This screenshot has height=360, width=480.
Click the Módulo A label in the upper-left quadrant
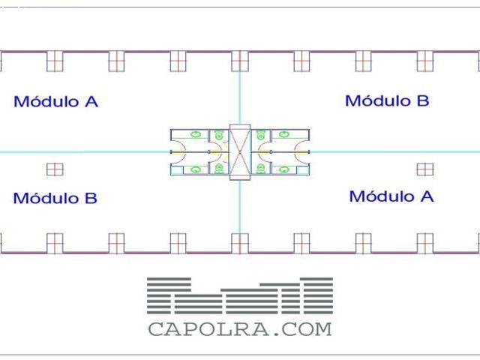click(x=55, y=101)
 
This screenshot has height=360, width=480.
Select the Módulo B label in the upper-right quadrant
click(x=387, y=100)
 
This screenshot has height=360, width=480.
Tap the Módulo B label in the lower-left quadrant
click(x=55, y=199)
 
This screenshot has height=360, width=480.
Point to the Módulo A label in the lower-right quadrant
click(x=391, y=196)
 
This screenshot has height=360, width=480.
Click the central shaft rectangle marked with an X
click(x=240, y=152)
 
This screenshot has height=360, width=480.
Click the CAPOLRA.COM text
click(x=240, y=329)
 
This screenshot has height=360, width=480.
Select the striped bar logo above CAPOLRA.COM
click(x=240, y=295)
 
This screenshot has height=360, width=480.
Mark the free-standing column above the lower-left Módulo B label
click(x=55, y=169)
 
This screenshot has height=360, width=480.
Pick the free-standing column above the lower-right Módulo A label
click(x=425, y=169)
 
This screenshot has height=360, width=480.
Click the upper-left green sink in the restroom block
click(x=196, y=134)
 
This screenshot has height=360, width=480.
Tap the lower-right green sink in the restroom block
click(x=284, y=170)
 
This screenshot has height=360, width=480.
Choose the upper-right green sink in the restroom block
click(x=284, y=134)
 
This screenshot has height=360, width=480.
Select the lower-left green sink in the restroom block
click(x=196, y=170)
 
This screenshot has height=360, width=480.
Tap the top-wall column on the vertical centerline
click(x=240, y=61)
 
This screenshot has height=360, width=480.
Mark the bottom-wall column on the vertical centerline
click(x=240, y=242)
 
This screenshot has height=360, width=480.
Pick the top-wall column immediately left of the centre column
click(x=178, y=61)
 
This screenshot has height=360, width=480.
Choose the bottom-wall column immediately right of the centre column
click(x=301, y=242)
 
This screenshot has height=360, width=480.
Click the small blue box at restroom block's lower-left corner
click(x=175, y=171)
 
